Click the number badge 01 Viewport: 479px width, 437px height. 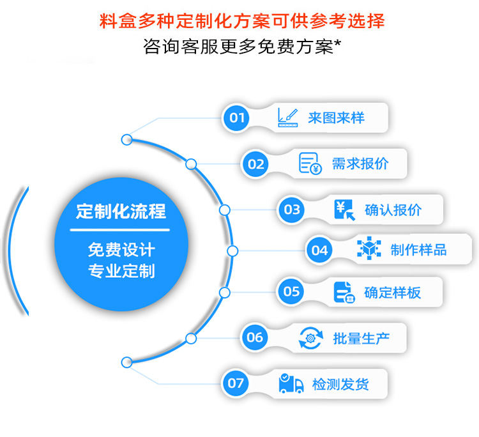[x=237, y=118]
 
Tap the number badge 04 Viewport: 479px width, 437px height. [x=319, y=250]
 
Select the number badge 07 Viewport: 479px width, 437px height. [x=236, y=383]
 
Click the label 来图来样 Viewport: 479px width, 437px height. [x=336, y=118]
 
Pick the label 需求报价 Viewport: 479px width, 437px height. [x=360, y=164]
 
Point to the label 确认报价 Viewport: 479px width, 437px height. [x=393, y=210]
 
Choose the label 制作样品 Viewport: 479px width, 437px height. [x=419, y=250]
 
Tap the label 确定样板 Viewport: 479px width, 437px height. [x=392, y=293]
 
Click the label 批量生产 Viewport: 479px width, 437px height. [x=361, y=338]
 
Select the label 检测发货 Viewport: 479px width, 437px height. [x=340, y=384]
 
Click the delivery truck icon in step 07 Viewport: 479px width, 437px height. [x=291, y=383]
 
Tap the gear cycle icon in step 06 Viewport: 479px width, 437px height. [x=310, y=338]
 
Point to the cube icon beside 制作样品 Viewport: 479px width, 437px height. [x=369, y=250]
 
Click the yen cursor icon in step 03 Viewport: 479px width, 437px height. [x=344, y=210]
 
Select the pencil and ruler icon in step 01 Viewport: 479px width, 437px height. [x=287, y=117]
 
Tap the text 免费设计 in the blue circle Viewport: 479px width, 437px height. [x=121, y=249]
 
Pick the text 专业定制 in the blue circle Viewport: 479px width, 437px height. [x=121, y=270]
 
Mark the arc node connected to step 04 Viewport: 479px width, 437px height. [x=232, y=251]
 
